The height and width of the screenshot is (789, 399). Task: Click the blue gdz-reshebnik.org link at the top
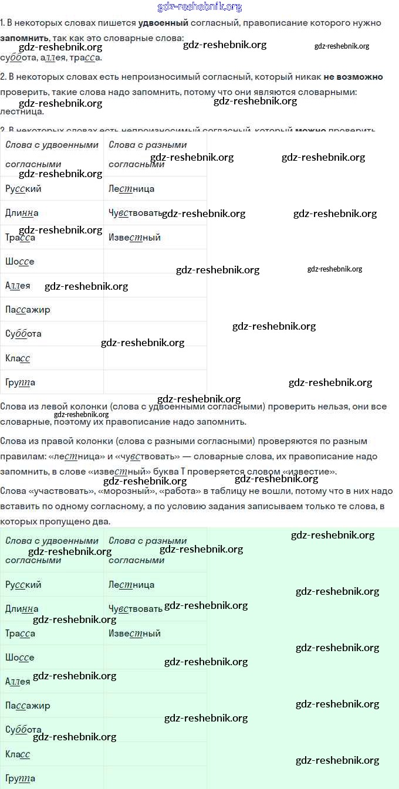199,7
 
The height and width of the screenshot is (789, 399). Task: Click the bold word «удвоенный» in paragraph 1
163,23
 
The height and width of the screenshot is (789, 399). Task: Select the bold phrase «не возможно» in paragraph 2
353,77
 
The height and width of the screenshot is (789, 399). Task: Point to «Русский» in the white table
23,189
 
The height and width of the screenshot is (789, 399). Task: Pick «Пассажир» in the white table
28,309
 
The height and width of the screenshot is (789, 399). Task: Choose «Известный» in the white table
134,238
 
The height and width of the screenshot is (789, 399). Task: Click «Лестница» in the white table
131,189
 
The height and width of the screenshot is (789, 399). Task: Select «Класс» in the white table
18,358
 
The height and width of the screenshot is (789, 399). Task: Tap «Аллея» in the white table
18,286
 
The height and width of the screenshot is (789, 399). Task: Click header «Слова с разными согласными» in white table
148,154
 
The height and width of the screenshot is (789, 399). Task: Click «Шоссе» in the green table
20,658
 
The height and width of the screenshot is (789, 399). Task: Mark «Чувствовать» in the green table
136,609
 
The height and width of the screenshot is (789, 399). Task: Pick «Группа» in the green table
21,778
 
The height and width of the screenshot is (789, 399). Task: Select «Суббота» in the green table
23,730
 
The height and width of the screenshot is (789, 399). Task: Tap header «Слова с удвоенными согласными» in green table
52,550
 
